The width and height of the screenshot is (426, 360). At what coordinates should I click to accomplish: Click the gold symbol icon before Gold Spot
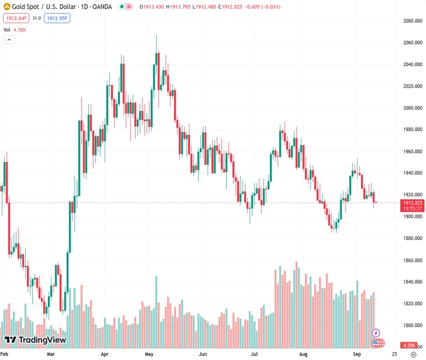(x=6, y=7)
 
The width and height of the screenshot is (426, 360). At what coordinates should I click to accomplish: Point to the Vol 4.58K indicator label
(x=14, y=29)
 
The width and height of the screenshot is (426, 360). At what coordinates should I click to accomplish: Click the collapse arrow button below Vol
(x=9, y=40)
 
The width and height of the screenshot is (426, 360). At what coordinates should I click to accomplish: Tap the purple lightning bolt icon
(x=376, y=332)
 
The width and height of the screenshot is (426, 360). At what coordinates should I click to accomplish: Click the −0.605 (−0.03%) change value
(x=265, y=7)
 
